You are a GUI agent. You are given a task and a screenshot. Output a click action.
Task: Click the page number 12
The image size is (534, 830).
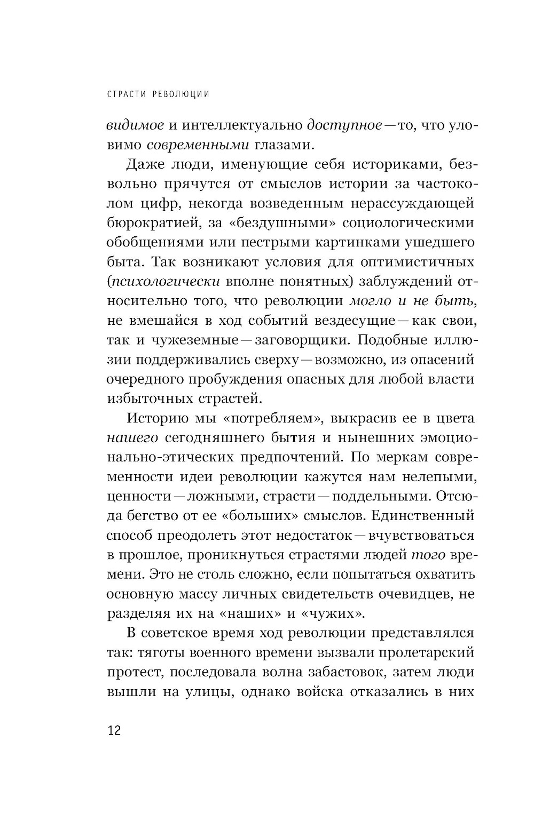(x=114, y=730)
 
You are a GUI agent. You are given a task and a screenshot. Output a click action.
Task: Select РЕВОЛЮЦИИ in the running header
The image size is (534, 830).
(x=182, y=94)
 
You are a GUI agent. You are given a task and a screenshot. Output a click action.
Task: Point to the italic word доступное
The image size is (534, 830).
(x=344, y=125)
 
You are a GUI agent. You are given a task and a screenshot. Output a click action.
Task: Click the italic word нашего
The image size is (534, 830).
(x=132, y=438)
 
